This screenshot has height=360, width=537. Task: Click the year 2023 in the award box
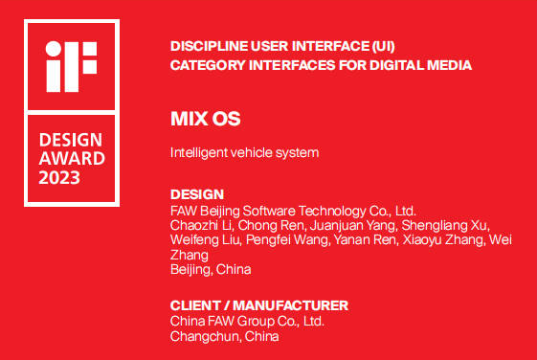coord(59,178)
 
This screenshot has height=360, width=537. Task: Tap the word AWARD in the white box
coord(72,159)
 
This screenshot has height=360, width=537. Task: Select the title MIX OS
coord(205,120)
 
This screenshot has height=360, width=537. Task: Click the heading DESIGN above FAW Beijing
coord(196,194)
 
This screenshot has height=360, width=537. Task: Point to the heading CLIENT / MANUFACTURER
coord(258,305)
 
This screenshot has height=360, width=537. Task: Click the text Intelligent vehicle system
coord(243,152)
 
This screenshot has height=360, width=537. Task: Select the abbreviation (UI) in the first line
coord(381,46)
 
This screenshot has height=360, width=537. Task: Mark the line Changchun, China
coord(224,336)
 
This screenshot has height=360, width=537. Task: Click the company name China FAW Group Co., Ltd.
coord(247,321)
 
